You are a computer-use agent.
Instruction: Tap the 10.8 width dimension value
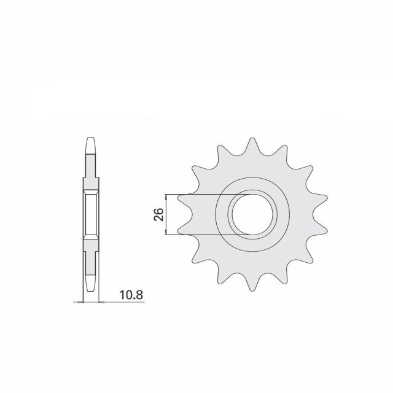(131, 295)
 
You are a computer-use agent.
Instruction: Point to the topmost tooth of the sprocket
(251, 146)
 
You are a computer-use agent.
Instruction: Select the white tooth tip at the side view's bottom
(90, 284)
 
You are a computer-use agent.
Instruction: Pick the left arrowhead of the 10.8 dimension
(81, 302)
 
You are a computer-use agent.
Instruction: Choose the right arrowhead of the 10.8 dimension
(100, 302)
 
